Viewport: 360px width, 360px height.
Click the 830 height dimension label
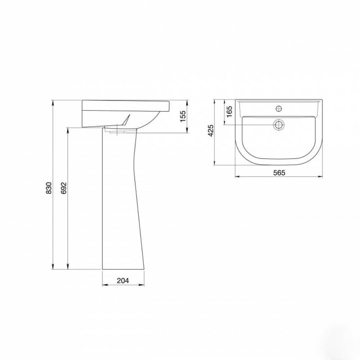pos(49,188)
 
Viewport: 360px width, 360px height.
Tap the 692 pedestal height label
pos(64,188)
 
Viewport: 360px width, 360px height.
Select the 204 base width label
pos(123,280)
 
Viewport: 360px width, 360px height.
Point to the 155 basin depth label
pos(183,116)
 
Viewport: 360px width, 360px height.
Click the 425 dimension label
pos(211,130)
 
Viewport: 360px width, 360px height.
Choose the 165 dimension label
pos(229,111)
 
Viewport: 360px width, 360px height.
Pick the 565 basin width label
pos(279,172)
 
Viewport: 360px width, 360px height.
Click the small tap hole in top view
pos(279,108)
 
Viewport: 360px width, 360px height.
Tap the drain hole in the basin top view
pos(279,125)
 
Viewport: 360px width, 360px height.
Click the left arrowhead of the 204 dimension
pos(105,285)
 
